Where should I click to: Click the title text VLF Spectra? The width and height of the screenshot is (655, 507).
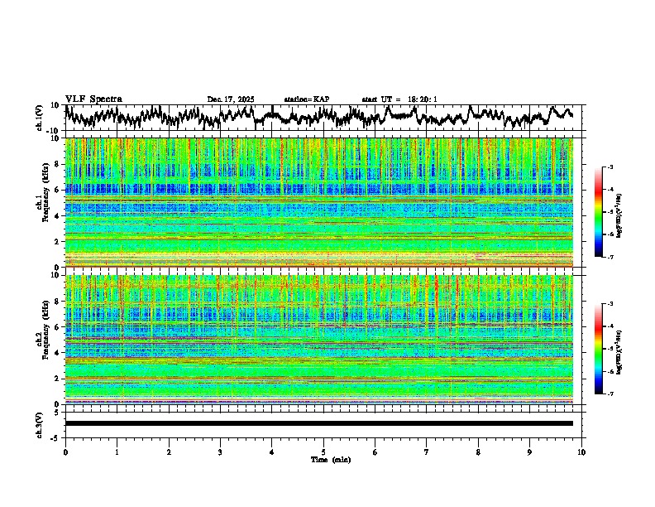click(93, 99)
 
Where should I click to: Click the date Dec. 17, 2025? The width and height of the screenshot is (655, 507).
click(231, 99)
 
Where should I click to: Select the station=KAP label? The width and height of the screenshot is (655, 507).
click(307, 99)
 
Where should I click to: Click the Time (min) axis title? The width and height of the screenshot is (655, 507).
click(329, 459)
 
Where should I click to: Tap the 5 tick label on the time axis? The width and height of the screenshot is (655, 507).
click(323, 451)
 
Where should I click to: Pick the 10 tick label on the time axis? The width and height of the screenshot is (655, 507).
click(581, 451)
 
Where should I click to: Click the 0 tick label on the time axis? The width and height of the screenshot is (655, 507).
click(65, 451)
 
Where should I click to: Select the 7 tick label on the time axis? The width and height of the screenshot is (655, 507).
click(427, 451)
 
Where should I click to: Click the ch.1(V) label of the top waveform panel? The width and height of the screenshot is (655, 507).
click(40, 118)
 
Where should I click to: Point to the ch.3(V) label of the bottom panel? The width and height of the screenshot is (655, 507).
click(40, 423)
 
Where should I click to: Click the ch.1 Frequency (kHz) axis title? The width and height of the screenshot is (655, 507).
click(41, 202)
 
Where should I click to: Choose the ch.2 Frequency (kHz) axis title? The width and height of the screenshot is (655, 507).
click(41, 339)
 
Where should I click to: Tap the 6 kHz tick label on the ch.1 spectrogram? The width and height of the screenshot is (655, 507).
click(56, 190)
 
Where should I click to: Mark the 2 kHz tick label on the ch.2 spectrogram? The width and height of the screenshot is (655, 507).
click(56, 378)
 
